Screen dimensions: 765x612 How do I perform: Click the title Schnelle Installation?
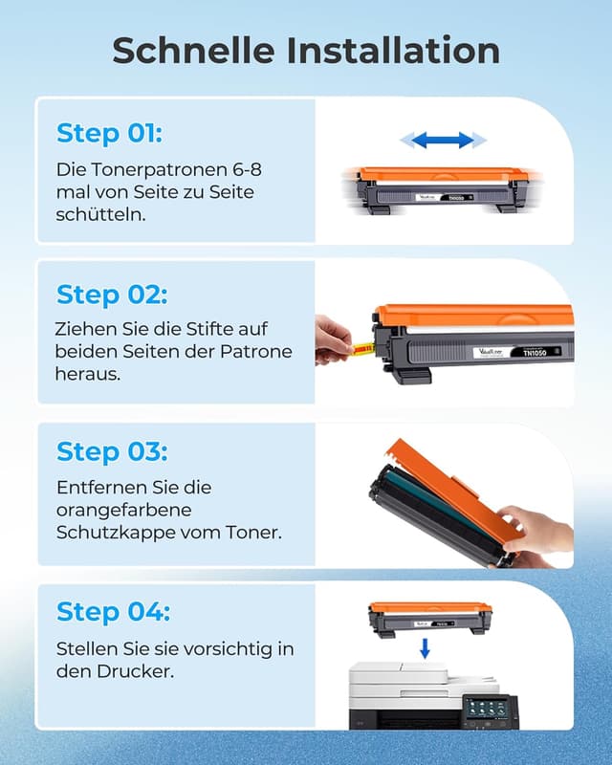pos(306,51)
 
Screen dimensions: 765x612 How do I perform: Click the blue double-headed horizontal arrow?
pos(437,141)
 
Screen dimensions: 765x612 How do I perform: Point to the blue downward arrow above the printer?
pos(425,649)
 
